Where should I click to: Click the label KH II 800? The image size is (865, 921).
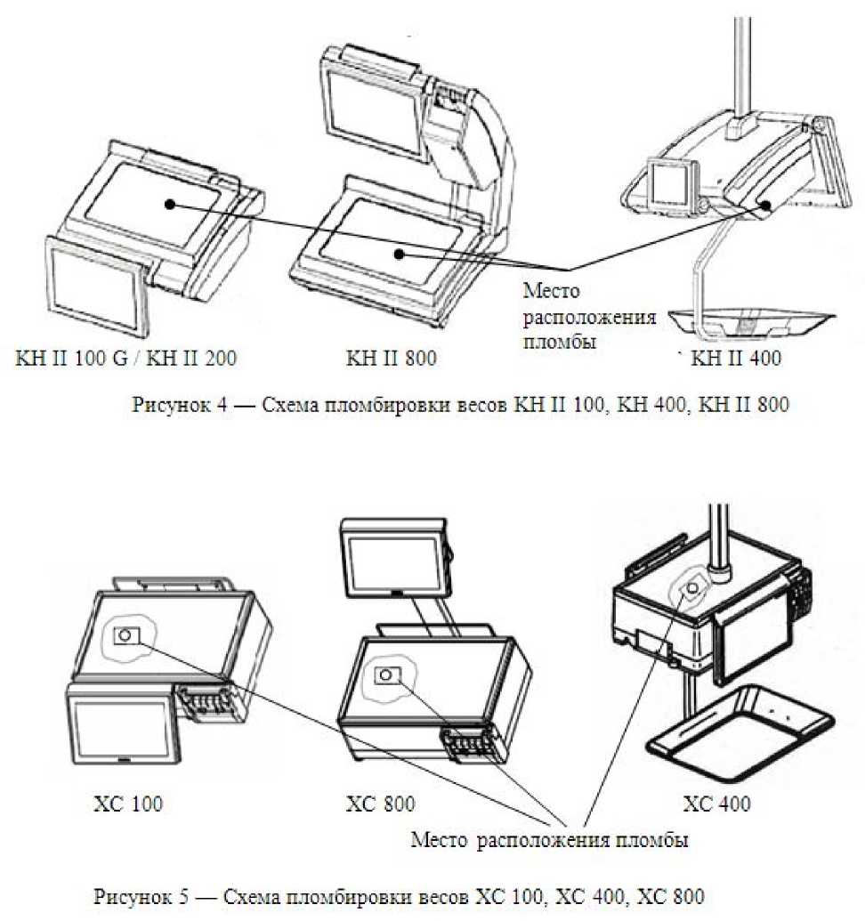pos(392,359)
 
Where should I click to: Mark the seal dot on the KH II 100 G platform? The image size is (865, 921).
pos(168,204)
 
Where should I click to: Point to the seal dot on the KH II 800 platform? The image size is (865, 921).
pos(400,254)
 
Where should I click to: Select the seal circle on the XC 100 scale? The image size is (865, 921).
pos(125,634)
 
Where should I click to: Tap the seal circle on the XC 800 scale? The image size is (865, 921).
pos(384,675)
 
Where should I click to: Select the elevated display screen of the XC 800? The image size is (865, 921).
pos(389,559)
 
